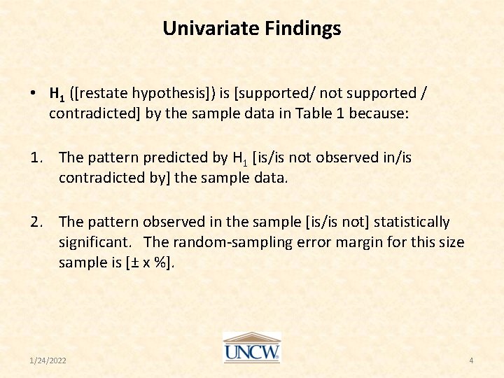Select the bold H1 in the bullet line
coord(58,93)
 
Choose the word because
coord(378,113)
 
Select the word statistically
coord(412,222)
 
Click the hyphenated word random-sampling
coord(236,242)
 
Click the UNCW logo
coord(251,347)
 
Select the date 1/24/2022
coord(48,360)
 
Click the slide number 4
coord(471,360)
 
